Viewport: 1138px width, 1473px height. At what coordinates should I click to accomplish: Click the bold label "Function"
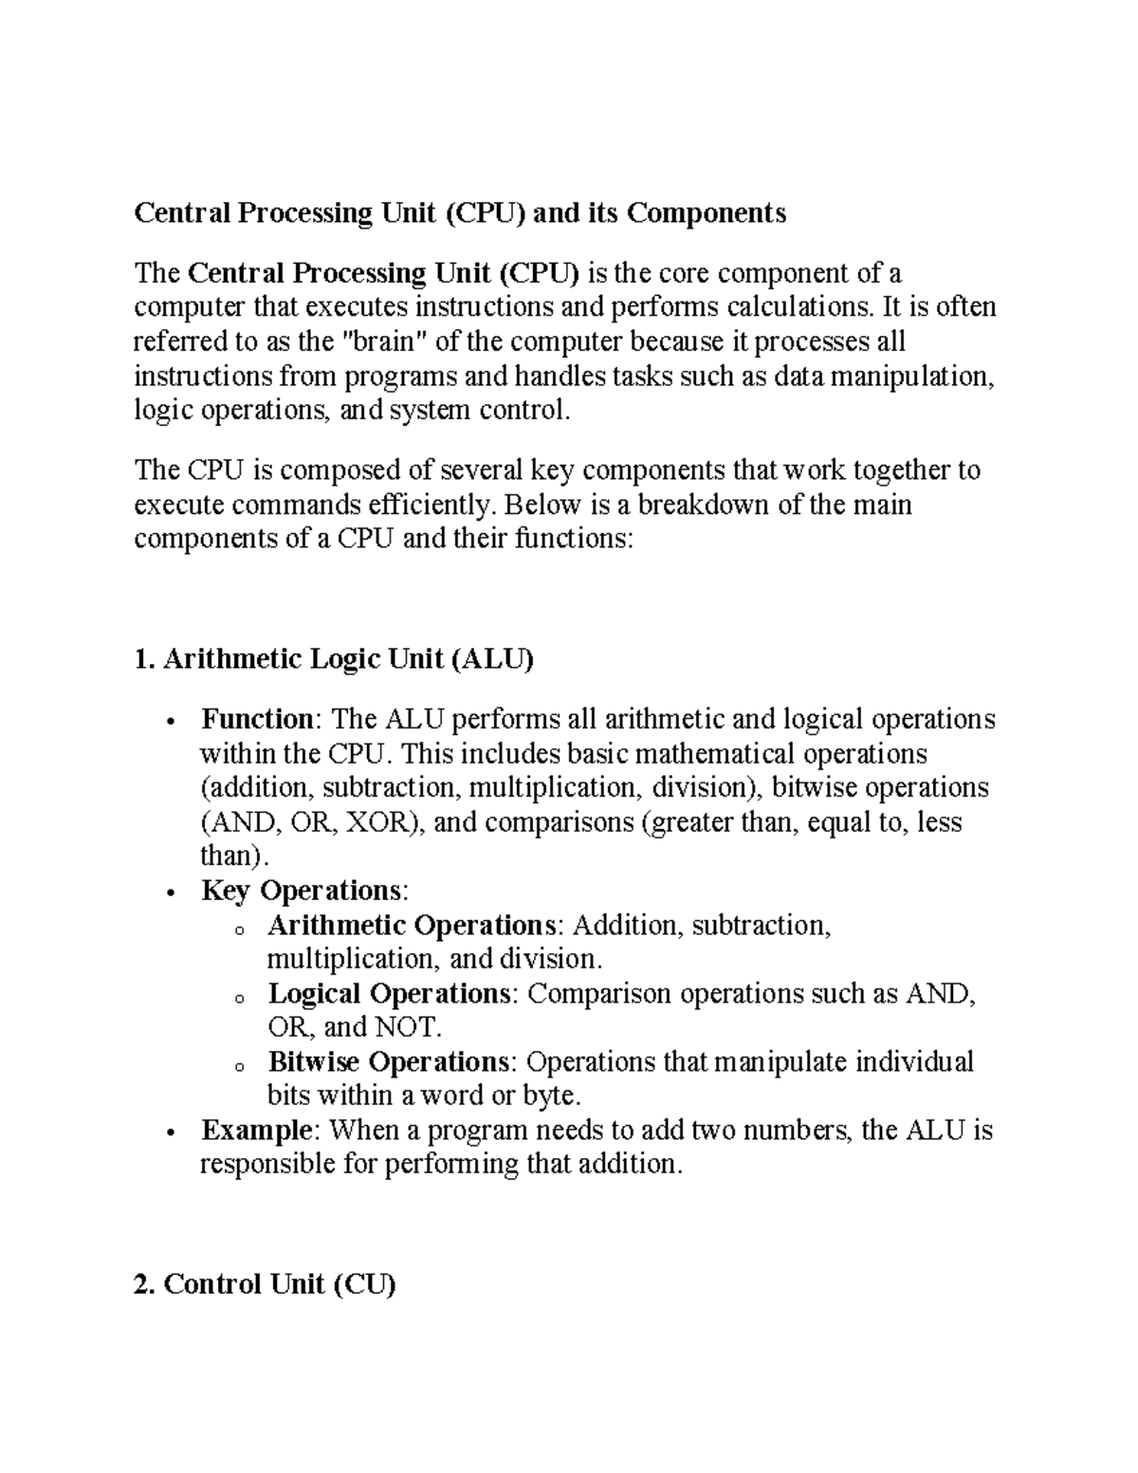256,719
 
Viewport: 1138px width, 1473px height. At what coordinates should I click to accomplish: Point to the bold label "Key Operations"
302,891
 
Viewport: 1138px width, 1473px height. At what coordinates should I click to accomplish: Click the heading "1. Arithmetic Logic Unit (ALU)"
334,659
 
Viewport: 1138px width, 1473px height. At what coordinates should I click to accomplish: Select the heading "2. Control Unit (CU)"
265,1285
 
